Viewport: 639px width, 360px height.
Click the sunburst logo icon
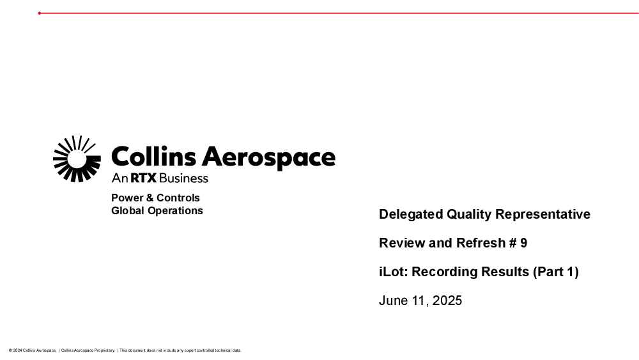77,159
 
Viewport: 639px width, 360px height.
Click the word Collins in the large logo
153,157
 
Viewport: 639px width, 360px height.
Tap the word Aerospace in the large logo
268,158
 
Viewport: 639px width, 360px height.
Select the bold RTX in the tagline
143,178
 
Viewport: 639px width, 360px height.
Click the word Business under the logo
183,178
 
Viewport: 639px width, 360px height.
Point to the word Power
127,198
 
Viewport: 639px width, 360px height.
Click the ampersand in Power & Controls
150,198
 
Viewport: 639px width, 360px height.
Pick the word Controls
178,198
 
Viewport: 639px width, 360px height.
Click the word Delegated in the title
411,214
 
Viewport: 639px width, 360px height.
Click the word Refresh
481,243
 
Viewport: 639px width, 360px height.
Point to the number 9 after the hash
524,243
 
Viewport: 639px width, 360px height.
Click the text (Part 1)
556,272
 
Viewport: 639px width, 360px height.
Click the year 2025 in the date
447,301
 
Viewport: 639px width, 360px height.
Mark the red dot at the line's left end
40,13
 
